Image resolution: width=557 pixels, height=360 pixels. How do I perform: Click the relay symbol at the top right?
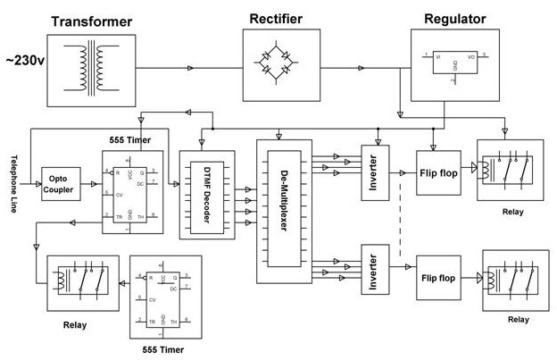tap(510, 172)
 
